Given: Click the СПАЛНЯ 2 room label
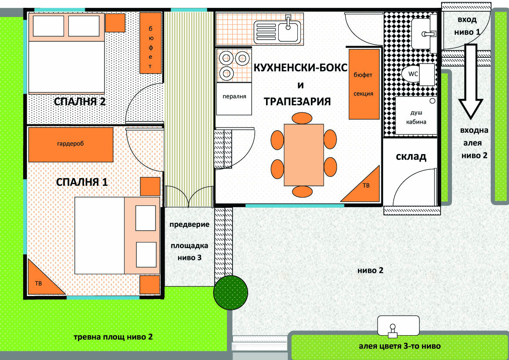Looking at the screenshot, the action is point(80,101).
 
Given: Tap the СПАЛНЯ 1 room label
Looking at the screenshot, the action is point(82,182).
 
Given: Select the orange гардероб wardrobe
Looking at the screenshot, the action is point(71,145).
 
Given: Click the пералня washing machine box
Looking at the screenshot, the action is point(234,99).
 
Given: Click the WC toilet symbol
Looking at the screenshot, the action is point(418,74).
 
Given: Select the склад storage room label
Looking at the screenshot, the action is point(411,156).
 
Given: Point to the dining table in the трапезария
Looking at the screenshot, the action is point(304,155).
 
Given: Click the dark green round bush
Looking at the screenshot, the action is point(230,293).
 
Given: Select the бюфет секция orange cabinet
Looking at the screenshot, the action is point(364,84).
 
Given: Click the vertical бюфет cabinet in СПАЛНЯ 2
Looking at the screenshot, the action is point(151,43).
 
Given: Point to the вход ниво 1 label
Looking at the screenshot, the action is point(467,26).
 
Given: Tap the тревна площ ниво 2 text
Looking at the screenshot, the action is point(113,337).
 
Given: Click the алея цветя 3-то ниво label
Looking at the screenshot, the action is point(400,346).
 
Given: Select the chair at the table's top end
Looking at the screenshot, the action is point(302,118).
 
